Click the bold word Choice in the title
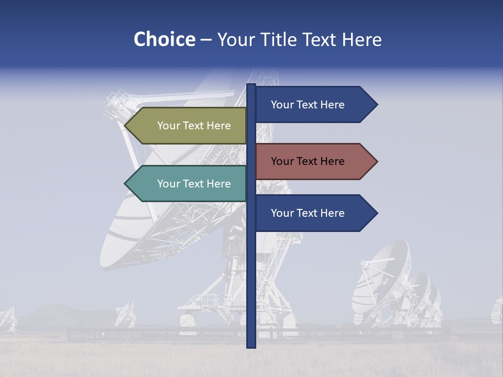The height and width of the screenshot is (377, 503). click(164, 39)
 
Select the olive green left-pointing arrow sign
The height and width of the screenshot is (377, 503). click(189, 126)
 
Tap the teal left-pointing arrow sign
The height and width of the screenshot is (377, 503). click(189, 184)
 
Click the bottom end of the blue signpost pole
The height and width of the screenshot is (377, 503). click(251, 346)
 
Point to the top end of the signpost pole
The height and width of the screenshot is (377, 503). click(251, 85)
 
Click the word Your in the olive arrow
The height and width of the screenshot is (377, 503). click(168, 126)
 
